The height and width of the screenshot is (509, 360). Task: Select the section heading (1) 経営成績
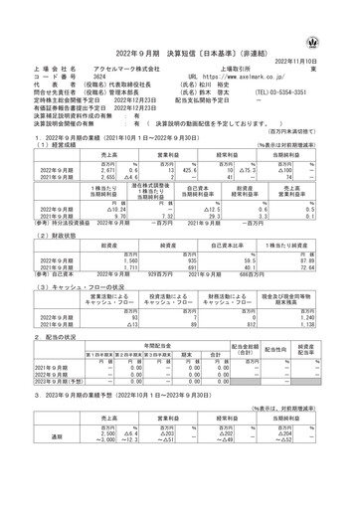(x=50, y=116)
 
